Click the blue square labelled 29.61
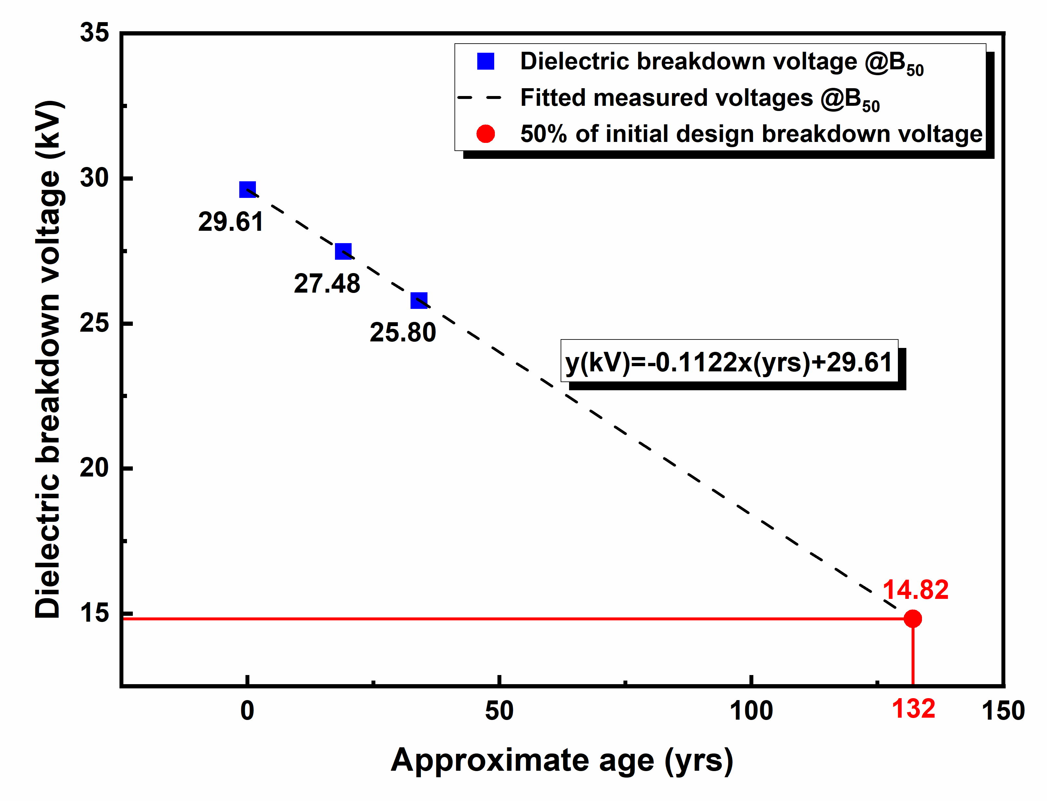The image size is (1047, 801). (x=247, y=190)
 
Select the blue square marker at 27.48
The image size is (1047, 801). (x=343, y=251)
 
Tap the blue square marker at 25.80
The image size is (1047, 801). (x=419, y=300)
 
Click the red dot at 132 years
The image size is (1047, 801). (x=913, y=619)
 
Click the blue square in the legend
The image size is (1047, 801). (x=485, y=61)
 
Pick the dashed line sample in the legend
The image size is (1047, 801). (x=480, y=98)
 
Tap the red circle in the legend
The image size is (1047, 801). (x=485, y=134)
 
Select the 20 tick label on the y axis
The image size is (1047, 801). (x=94, y=468)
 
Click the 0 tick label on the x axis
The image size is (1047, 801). (x=247, y=711)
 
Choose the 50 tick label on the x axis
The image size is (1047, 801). (x=499, y=711)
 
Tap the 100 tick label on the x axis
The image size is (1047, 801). (x=751, y=711)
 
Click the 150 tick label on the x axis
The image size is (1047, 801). (x=1003, y=711)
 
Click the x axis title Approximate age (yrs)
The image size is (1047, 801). (x=562, y=760)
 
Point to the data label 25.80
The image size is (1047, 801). (x=403, y=332)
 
